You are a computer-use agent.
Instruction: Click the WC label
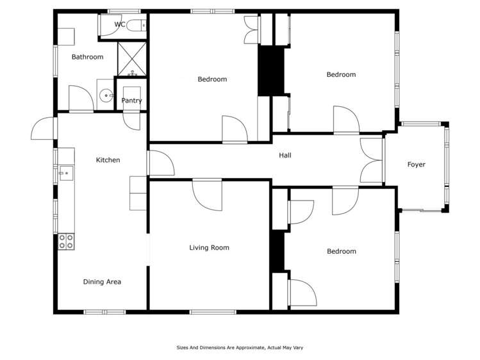tap(120, 24)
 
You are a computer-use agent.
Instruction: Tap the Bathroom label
tap(87, 57)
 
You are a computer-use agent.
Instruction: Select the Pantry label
tap(131, 101)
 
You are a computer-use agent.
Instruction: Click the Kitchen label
tap(108, 160)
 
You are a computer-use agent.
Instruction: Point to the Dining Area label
tap(102, 282)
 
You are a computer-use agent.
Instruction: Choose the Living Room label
tap(209, 248)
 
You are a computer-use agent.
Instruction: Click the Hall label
tap(285, 156)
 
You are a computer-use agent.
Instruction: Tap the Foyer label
tap(416, 165)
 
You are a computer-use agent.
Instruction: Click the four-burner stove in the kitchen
tap(66, 241)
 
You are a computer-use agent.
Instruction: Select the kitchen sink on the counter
tap(65, 173)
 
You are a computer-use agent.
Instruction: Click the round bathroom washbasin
tap(106, 96)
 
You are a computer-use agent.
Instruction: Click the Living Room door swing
tap(208, 195)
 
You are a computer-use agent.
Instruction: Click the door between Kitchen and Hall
tap(160, 163)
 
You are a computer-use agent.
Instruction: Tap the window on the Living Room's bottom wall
tap(213, 312)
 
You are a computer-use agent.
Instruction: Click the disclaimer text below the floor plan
tap(240, 348)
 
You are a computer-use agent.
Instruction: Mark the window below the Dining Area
tap(104, 312)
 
